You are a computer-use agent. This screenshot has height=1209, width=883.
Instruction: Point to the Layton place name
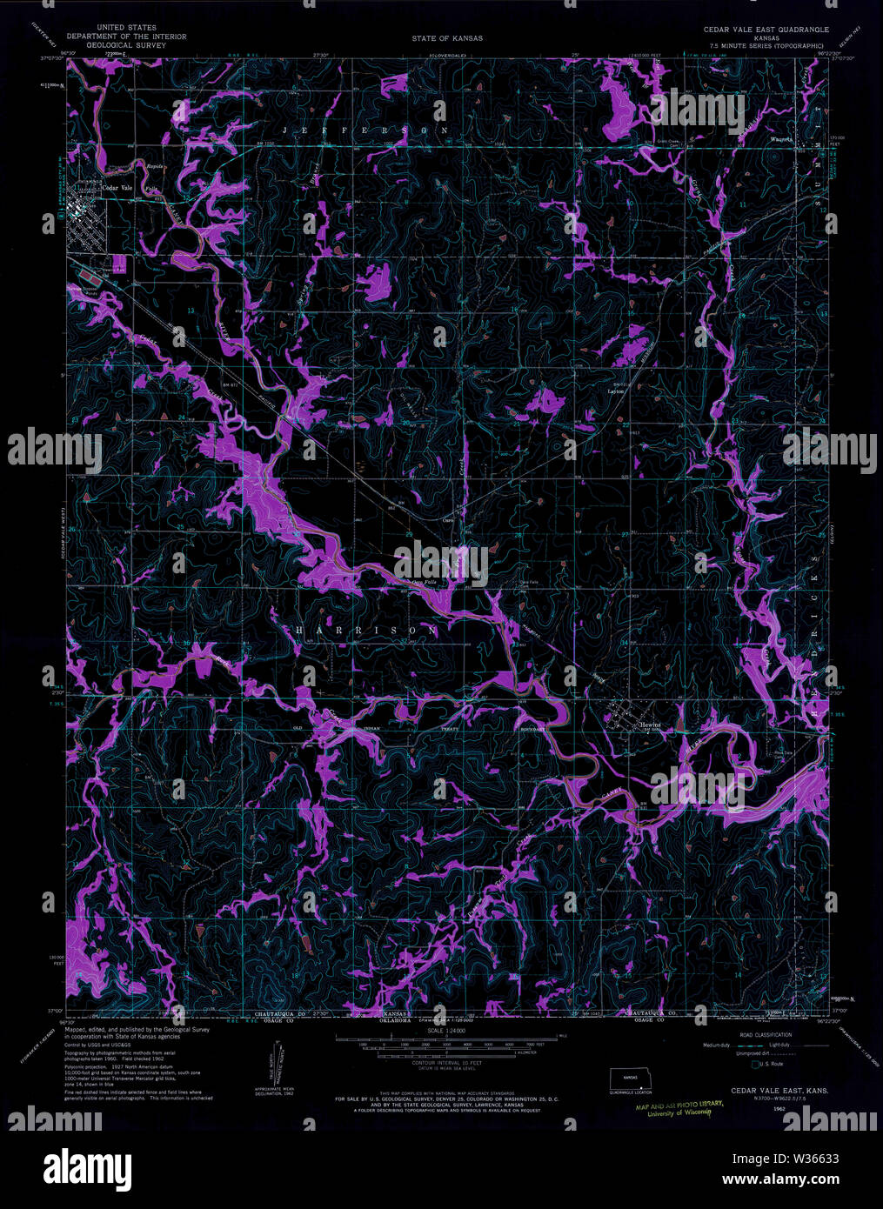point(616,391)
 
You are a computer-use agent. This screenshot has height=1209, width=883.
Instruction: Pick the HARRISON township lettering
point(366,628)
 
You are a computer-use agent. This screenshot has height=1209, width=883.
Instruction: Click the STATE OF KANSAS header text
point(447,38)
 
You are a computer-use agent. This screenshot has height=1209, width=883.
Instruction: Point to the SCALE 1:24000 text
point(443,1030)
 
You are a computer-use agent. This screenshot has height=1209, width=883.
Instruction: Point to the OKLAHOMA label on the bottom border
point(396,1021)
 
